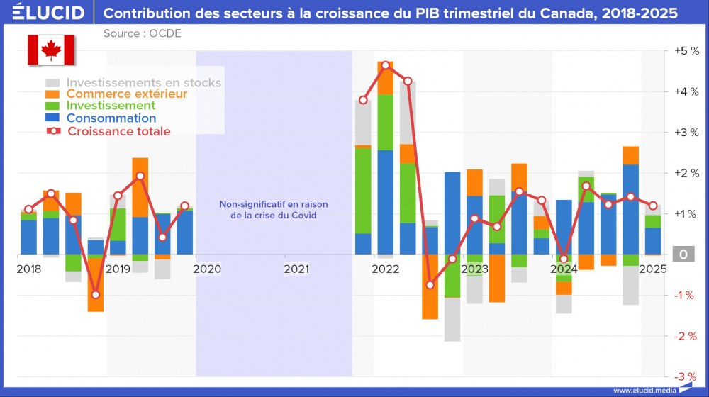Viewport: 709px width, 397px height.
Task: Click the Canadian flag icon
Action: click(x=50, y=50)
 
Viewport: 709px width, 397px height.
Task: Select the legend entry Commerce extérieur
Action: click(x=126, y=94)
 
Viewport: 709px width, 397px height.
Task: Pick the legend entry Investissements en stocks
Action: click(x=143, y=82)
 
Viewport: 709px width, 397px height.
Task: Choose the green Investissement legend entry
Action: click(x=111, y=106)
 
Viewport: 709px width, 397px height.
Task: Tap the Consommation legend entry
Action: click(x=111, y=118)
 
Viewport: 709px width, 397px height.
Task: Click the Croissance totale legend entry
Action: click(x=118, y=131)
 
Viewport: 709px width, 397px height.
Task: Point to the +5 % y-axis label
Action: click(x=686, y=51)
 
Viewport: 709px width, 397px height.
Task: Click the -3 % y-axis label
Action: click(x=686, y=376)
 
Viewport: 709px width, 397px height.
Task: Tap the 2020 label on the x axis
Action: click(x=207, y=269)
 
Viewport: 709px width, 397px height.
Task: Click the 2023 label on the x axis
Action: click(x=474, y=269)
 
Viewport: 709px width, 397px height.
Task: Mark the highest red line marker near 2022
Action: click(x=386, y=65)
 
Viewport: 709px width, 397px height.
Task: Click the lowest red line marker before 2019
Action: click(x=96, y=295)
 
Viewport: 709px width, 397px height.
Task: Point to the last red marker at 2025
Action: click(x=652, y=206)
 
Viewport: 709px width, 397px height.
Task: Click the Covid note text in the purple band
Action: click(x=273, y=210)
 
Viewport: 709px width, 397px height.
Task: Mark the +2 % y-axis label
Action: click(x=686, y=173)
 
